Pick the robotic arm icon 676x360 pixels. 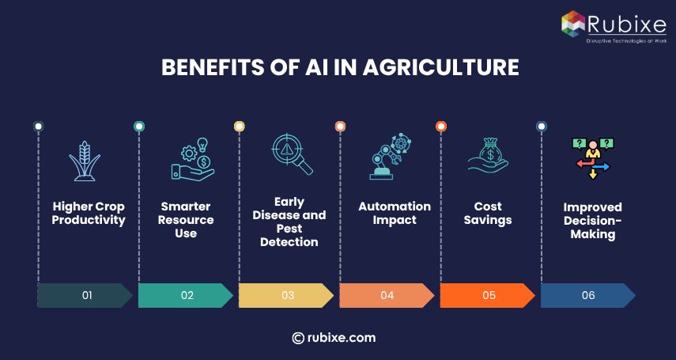click(x=391, y=157)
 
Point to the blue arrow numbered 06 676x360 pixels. click(x=587, y=295)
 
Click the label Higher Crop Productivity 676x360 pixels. click(x=89, y=214)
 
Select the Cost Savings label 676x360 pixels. click(x=489, y=214)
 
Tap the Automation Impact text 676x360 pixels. click(x=395, y=214)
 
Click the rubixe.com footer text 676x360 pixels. click(x=334, y=338)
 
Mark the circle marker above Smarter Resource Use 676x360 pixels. click(x=139, y=126)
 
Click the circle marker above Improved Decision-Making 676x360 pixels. click(x=542, y=126)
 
